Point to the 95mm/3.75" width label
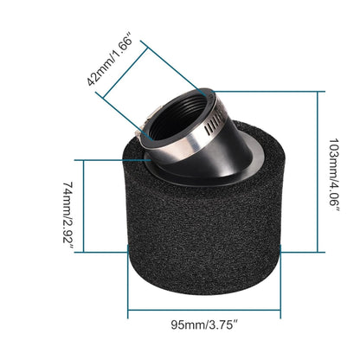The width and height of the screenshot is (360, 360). [x=204, y=325]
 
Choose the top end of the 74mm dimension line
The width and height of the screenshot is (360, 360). [x=79, y=160]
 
